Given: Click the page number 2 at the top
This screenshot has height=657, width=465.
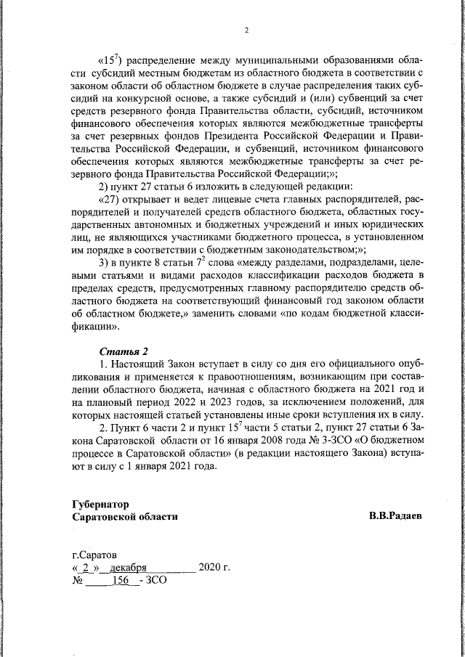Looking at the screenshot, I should (246, 30).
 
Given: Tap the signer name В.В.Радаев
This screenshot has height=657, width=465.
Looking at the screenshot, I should (395, 516).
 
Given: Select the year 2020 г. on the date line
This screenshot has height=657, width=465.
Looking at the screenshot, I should (214, 568).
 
